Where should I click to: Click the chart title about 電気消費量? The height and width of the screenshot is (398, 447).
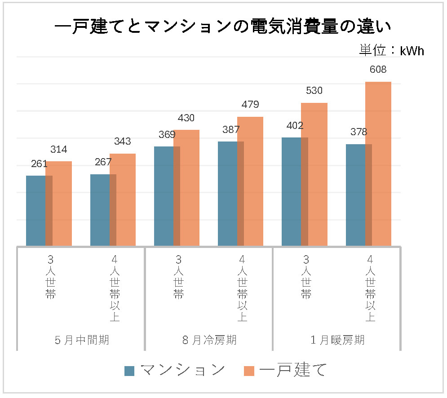pyautogui.click(x=223, y=27)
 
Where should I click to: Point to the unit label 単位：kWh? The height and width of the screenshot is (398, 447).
pyautogui.click(x=391, y=50)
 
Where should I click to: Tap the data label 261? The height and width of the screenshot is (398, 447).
pyautogui.click(x=39, y=164)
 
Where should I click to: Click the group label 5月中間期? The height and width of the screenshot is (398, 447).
pyautogui.click(x=81, y=340)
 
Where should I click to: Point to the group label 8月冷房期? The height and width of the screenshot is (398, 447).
pyautogui.click(x=209, y=340)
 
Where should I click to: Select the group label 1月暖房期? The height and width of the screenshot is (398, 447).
pyautogui.click(x=337, y=340)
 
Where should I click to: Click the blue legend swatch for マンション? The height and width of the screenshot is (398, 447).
pyautogui.click(x=129, y=371)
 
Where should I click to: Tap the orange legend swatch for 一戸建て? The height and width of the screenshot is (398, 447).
pyautogui.click(x=249, y=371)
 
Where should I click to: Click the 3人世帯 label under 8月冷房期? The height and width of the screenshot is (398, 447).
pyautogui.click(x=179, y=277)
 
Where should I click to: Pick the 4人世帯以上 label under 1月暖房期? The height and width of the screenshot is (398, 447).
pyautogui.click(x=370, y=288)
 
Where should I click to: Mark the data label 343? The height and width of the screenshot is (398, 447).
pyautogui.click(x=122, y=142)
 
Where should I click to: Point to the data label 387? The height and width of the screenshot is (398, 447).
pyautogui.click(x=231, y=130)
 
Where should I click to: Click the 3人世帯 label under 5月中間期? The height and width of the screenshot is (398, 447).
pyautogui.click(x=51, y=277)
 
